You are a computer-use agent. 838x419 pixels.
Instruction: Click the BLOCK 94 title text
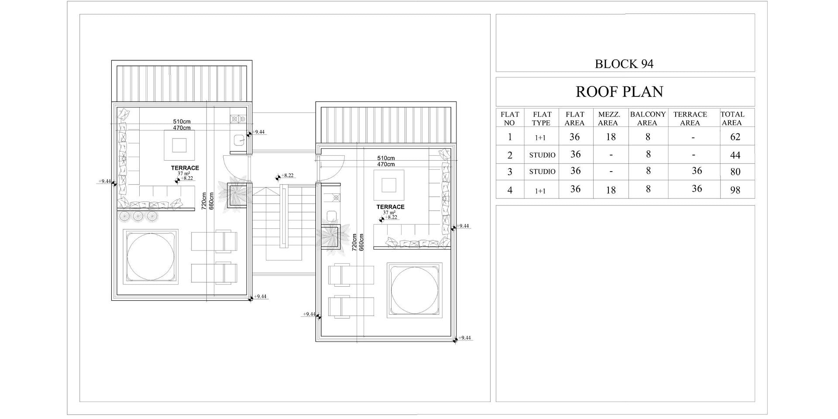624,64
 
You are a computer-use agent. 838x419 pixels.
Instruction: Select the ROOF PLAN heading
619,92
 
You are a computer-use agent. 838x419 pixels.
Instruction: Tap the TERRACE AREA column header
690,119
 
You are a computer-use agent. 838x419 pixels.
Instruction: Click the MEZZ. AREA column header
609,119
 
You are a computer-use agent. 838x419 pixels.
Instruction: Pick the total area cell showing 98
735,190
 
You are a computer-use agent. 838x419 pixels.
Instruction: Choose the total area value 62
735,137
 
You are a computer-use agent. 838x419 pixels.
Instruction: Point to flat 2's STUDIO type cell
542,155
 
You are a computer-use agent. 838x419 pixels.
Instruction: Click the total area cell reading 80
735,172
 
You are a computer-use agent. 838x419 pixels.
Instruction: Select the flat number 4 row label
510,190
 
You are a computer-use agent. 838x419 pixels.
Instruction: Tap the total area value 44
735,155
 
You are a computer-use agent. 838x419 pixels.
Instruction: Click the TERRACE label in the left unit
185,168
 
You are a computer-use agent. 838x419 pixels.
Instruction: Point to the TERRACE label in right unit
391,207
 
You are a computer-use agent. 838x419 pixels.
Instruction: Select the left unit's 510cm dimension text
182,122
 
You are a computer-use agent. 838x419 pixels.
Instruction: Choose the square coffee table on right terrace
389,185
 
